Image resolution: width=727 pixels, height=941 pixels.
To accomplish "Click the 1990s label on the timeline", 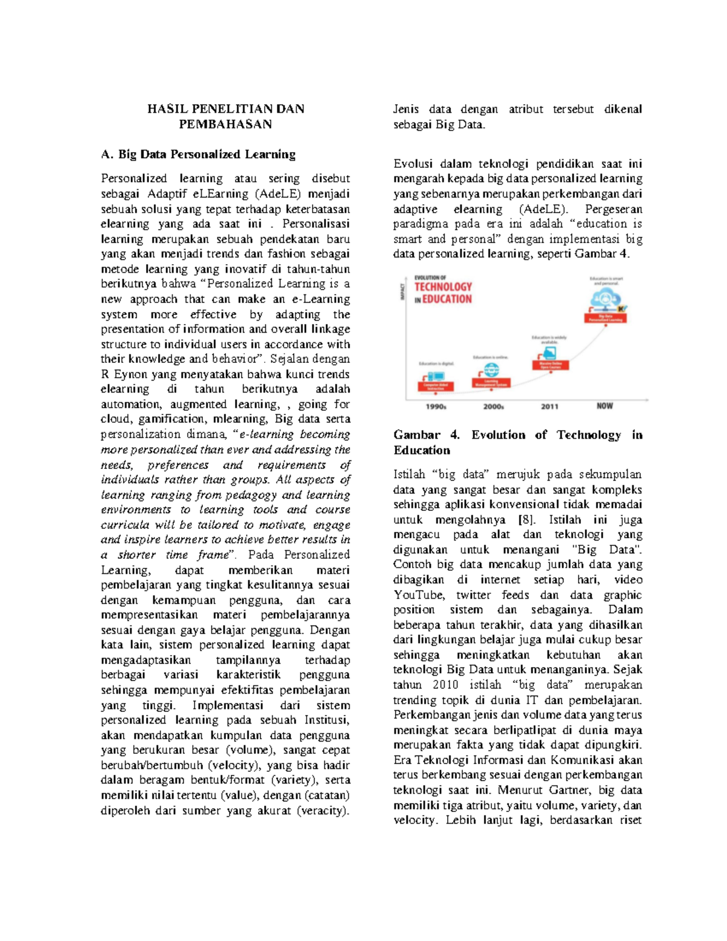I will point(436,407).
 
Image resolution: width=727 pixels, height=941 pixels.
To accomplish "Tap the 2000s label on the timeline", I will point(493,407).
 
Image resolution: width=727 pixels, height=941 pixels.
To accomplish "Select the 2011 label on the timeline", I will point(549,407).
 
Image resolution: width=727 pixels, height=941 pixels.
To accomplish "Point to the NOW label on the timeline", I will point(605,406).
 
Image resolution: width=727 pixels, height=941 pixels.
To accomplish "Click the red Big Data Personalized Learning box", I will point(605,318).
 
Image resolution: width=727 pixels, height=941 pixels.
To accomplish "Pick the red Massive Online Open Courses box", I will point(550,365).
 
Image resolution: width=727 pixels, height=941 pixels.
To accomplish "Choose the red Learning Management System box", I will point(491,383).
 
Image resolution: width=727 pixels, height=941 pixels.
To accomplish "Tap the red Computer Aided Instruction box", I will point(435,386).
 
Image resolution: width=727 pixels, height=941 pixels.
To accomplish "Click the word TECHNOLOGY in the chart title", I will point(443,287).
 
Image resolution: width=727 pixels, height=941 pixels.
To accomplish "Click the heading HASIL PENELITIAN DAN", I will point(225,109).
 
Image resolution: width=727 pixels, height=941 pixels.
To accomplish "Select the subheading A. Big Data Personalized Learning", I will point(198,155).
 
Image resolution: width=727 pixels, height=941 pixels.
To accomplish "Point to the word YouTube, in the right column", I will point(419,595).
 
